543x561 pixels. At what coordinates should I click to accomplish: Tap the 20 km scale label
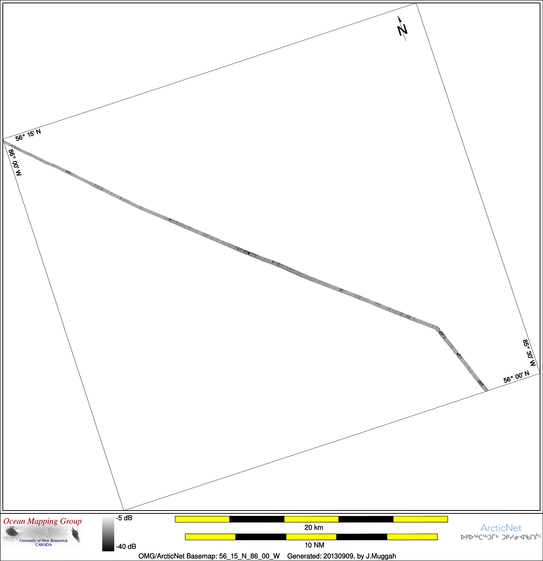tap(314, 527)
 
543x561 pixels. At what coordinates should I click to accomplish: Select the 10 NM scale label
tap(314, 545)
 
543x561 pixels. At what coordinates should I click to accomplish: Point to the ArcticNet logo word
tap(501, 528)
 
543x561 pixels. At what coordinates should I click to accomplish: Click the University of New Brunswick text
tap(43, 540)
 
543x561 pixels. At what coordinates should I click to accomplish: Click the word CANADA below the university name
tap(43, 544)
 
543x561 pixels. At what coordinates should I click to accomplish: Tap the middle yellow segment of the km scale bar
tap(311, 519)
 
